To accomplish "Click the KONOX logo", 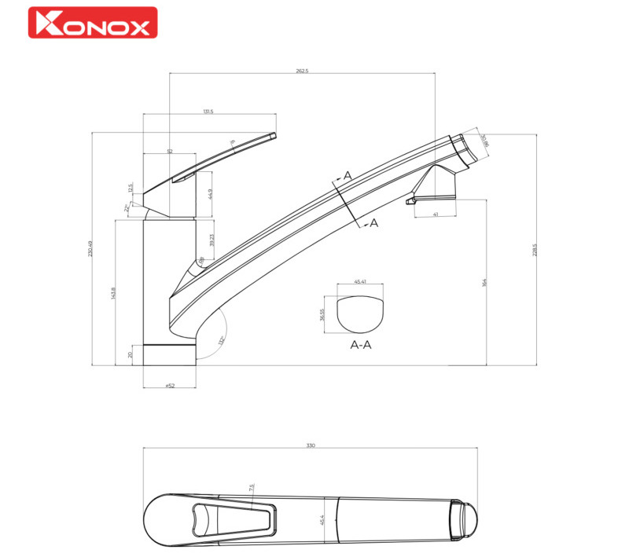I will coord(93,23).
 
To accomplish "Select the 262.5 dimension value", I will coord(302,71).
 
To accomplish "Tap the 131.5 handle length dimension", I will coord(208,112).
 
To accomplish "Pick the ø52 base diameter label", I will coord(169,386).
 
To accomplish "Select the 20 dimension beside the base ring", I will coord(131,354).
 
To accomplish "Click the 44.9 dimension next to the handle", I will coord(210,194).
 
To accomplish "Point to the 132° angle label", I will coord(221,340).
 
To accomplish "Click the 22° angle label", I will coord(127,208).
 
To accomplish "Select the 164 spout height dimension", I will coord(485,282).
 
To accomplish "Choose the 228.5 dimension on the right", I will coord(535,250).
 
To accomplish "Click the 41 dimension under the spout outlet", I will coord(435,214).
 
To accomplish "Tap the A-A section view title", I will coord(360,344).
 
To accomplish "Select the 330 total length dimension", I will coord(311,445).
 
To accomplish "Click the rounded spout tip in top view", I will coord(466,519).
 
